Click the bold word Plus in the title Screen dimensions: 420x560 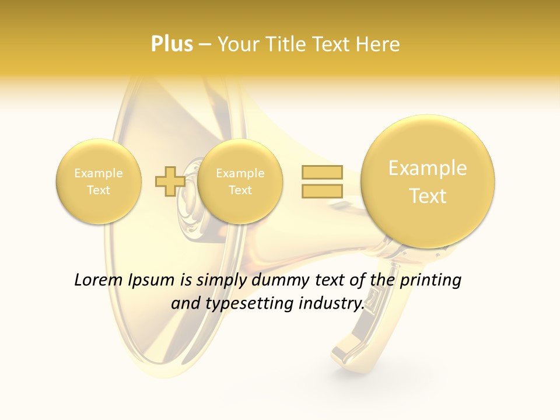pyautogui.click(x=171, y=44)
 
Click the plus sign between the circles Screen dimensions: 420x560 pyautogui.click(x=170, y=181)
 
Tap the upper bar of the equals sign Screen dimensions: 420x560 pyautogui.click(x=322, y=172)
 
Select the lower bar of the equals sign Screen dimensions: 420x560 pyautogui.click(x=322, y=191)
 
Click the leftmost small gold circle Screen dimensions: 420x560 pyautogui.click(x=99, y=181)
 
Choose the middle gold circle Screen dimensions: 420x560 pyautogui.click(x=240, y=181)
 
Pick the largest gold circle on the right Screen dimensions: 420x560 pyautogui.click(x=428, y=181)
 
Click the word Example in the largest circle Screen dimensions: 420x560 pyautogui.click(x=428, y=168)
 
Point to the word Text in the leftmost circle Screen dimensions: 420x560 pyautogui.click(x=99, y=190)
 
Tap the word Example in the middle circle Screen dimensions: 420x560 pyautogui.click(x=240, y=173)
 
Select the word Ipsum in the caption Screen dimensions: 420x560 pyautogui.click(x=152, y=280)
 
